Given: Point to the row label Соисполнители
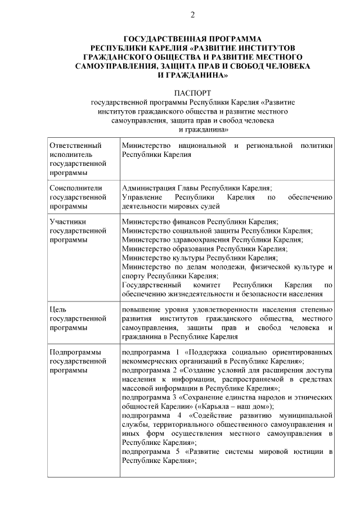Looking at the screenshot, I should (76, 188).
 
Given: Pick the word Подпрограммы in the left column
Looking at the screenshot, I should (75, 352).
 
